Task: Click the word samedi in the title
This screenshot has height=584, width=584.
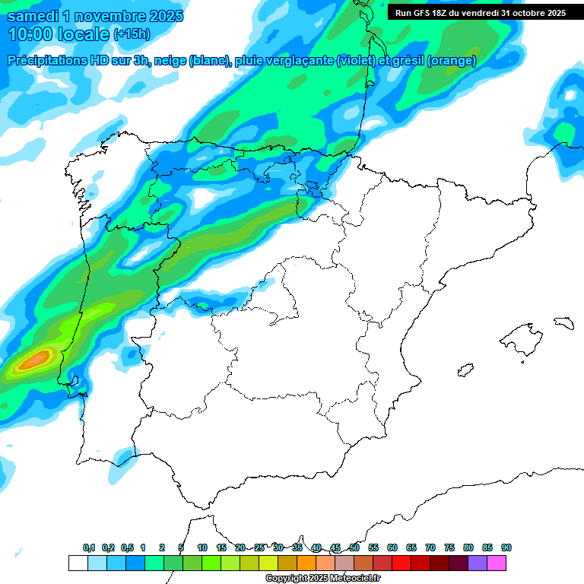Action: click(35, 16)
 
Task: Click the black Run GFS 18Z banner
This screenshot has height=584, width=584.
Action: click(480, 12)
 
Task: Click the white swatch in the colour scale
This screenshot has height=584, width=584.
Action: click(78, 563)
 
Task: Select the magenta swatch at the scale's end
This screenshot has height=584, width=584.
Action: click(497, 563)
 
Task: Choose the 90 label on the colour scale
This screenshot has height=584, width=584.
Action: click(506, 547)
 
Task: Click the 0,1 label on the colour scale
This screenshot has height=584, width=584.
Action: click(88, 547)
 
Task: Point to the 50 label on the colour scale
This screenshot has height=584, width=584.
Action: click(354, 547)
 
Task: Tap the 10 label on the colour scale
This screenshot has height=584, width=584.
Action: click(202, 547)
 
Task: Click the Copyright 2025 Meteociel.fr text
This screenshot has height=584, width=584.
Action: click(322, 579)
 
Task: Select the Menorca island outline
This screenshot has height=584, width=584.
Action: click(563, 322)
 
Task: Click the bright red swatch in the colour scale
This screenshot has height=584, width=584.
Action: click(401, 563)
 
